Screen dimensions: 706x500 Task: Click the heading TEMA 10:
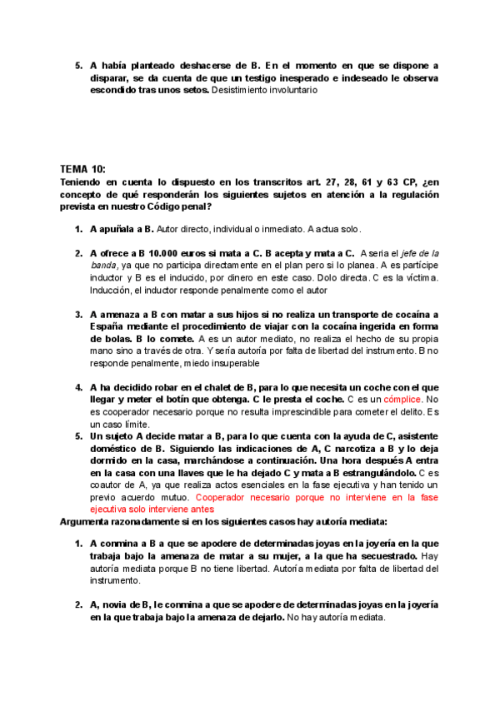tap(83, 167)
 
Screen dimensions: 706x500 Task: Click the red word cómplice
tap(403, 399)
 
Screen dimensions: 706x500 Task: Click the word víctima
tap(422, 278)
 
